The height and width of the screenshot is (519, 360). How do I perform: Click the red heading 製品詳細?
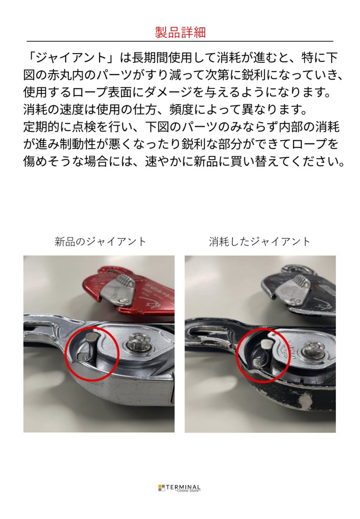click(180, 32)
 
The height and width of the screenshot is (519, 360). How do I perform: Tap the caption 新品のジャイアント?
click(100, 242)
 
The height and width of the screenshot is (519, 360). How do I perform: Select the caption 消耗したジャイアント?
click(259, 242)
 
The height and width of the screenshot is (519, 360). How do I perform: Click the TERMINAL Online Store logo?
click(179, 487)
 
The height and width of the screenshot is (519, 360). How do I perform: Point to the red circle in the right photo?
click(236, 356)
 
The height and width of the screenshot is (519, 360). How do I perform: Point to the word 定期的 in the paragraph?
click(41, 127)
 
